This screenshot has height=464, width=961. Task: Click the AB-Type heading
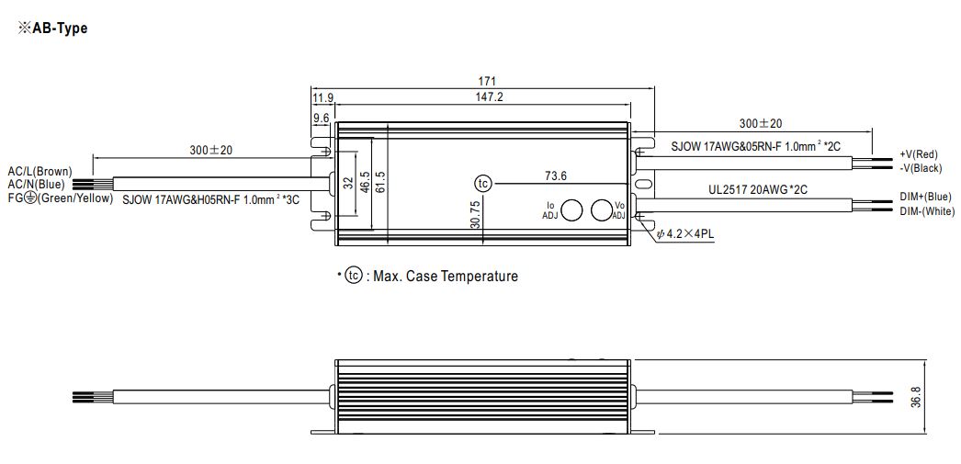(x=52, y=28)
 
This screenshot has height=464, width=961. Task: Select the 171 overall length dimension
(x=487, y=81)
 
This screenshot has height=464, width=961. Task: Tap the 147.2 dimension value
(x=489, y=96)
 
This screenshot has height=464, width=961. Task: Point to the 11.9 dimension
(x=322, y=97)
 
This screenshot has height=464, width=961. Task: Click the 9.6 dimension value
(x=322, y=117)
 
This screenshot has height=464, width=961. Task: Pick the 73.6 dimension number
(x=555, y=176)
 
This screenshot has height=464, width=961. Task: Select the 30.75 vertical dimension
(x=475, y=215)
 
